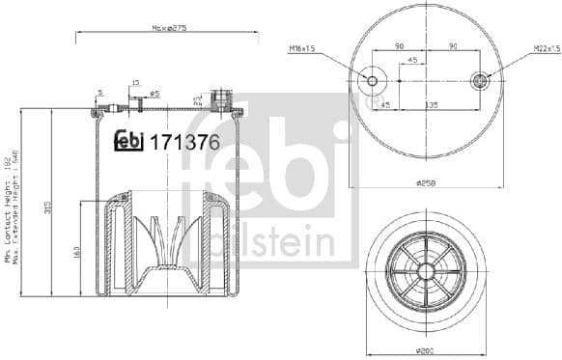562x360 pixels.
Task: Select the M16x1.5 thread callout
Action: (303, 48)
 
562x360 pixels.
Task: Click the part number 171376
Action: (183, 142)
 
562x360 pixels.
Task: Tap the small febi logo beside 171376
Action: (128, 142)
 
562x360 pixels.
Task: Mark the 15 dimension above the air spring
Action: (135, 83)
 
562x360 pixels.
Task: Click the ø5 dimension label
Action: (155, 94)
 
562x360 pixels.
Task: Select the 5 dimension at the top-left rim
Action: (99, 94)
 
